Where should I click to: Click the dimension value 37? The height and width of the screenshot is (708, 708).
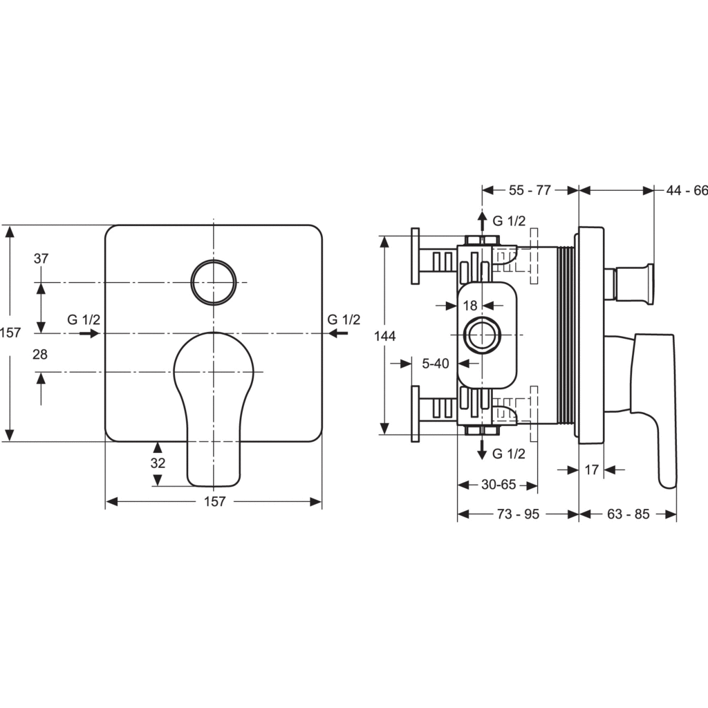click(x=41, y=259)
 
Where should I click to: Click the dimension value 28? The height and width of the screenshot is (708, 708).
click(x=41, y=354)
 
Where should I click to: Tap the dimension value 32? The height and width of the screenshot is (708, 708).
click(x=158, y=463)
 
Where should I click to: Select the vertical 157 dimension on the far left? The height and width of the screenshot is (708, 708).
click(x=10, y=333)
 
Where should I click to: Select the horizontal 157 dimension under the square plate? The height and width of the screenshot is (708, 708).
click(x=214, y=502)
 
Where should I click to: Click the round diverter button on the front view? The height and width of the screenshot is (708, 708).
click(x=214, y=282)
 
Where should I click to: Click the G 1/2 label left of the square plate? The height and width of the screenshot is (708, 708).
click(x=84, y=319)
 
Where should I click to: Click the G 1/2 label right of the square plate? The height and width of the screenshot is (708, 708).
click(x=344, y=319)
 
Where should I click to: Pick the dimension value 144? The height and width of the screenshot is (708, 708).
click(x=384, y=335)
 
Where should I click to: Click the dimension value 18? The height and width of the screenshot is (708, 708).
click(x=471, y=305)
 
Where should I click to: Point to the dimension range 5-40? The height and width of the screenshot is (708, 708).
click(x=435, y=362)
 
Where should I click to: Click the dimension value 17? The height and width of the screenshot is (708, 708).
click(x=591, y=470)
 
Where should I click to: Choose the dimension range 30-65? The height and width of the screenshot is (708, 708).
click(x=498, y=485)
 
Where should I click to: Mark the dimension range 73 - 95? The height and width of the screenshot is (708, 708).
click(x=519, y=514)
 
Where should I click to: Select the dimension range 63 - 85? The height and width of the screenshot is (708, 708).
click(x=628, y=514)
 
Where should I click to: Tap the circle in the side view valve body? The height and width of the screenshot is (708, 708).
click(x=481, y=337)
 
